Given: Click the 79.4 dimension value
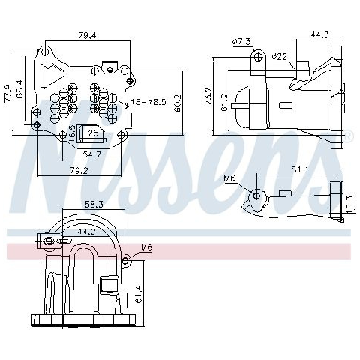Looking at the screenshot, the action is point(88,35).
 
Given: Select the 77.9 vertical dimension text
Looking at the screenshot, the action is point(8,93).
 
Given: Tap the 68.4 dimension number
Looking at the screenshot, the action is point(20,88).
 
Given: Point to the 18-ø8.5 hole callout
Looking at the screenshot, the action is point(148,102).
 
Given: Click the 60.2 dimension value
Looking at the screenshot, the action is point(178,103).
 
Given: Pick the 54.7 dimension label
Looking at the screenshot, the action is point(92,154).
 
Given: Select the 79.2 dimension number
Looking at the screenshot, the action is point(79,171).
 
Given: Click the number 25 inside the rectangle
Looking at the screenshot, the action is point(93,133).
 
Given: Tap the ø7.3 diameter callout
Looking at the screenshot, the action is point(241,41).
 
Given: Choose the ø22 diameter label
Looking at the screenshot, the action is point(280,57).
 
